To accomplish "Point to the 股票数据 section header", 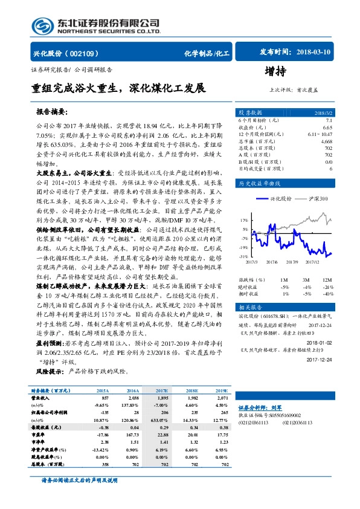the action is pos(251,113).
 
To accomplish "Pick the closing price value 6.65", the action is pos(327,128).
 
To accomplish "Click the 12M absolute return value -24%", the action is pos(327,287).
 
